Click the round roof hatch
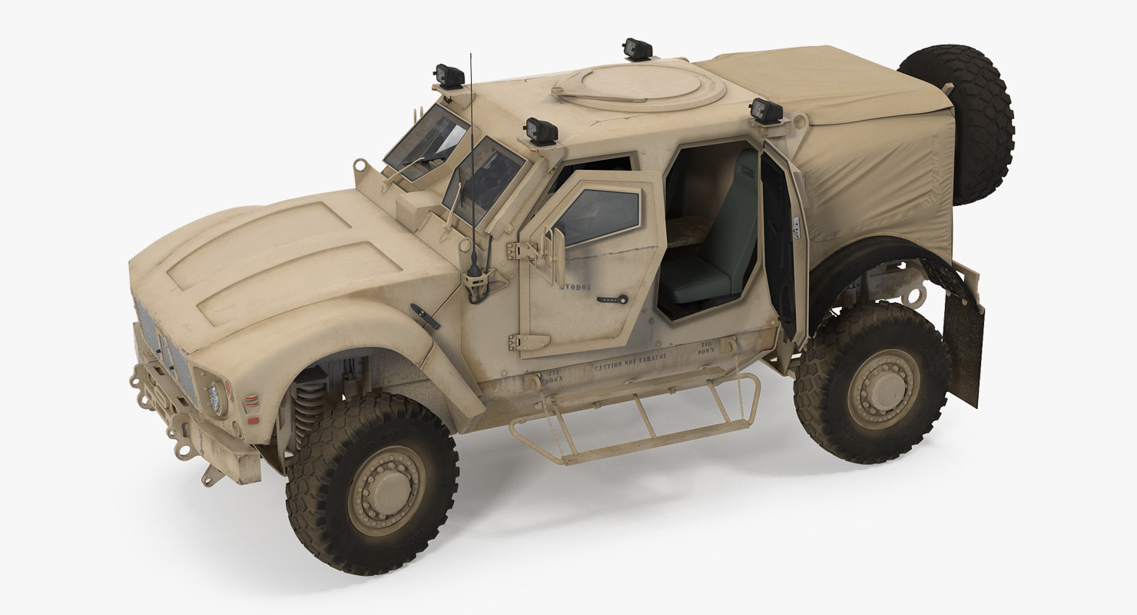tap(639, 86)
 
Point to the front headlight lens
tap(214, 398)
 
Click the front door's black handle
tap(612, 299)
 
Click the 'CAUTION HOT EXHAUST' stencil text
tap(630, 361)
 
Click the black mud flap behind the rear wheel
tap(963, 346)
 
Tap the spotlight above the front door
tap(542, 131)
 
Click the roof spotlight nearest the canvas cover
tap(766, 111)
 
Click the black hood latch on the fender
tap(425, 316)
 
